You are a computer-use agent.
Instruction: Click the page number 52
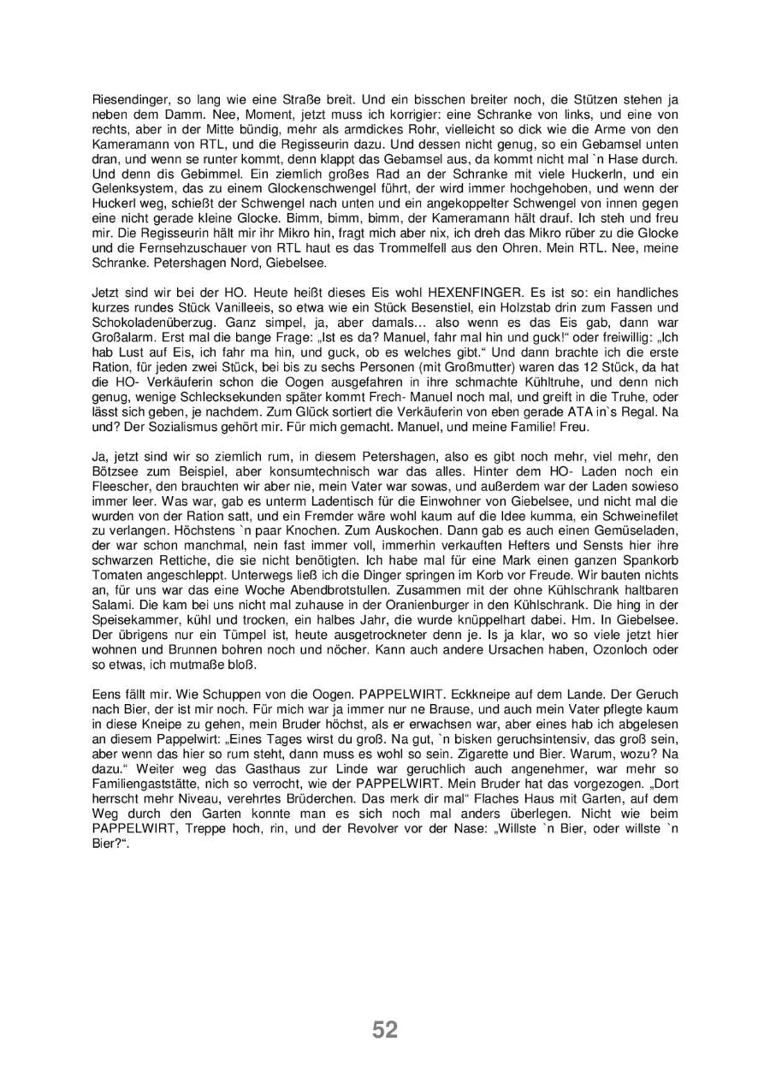pos(385,1030)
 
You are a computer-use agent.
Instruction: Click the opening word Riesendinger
pos(127,99)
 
